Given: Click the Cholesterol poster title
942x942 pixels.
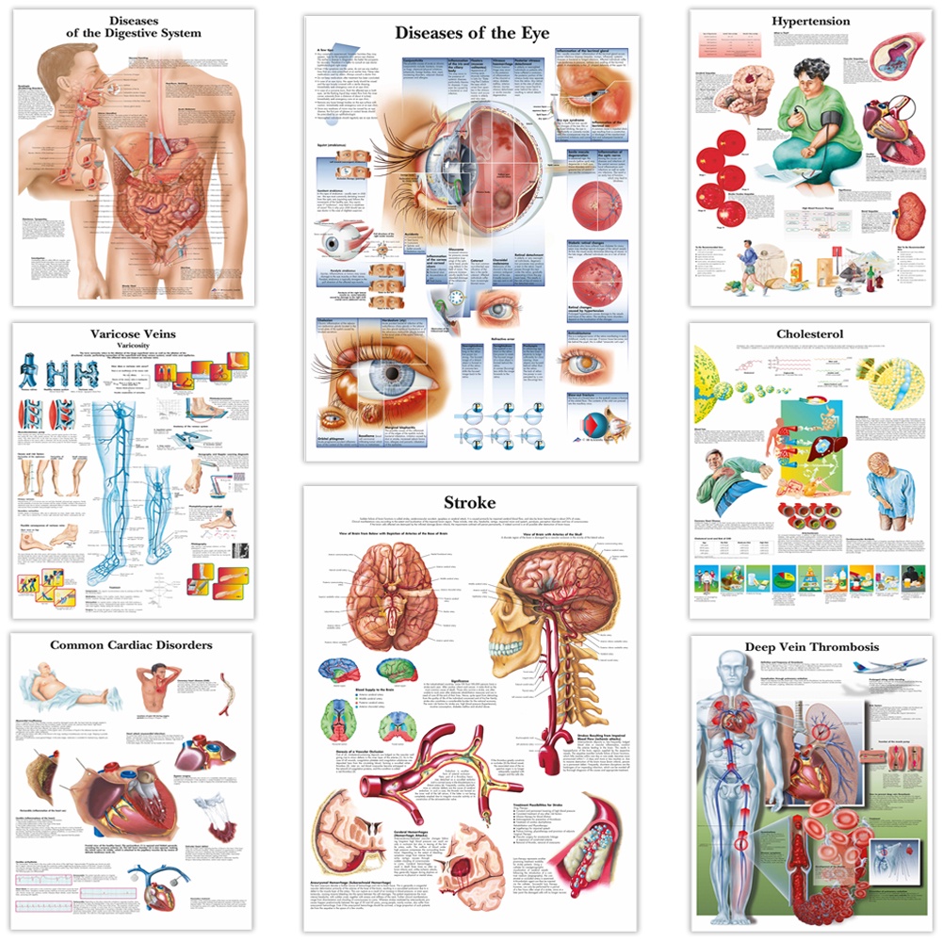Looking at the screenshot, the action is click(810, 333).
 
